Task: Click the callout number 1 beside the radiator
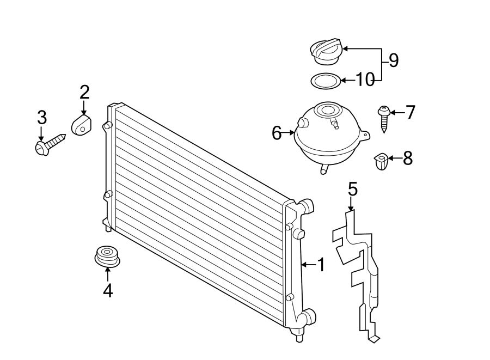pyautogui.click(x=321, y=265)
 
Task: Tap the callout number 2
pyautogui.click(x=84, y=91)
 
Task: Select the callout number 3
pyautogui.click(x=42, y=117)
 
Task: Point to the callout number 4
pyautogui.click(x=108, y=291)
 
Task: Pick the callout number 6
pyautogui.click(x=277, y=132)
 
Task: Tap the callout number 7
pyautogui.click(x=410, y=113)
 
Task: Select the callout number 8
pyautogui.click(x=407, y=158)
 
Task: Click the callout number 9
pyautogui.click(x=393, y=60)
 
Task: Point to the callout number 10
pyautogui.click(x=365, y=81)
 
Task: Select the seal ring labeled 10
pyautogui.click(x=325, y=81)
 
